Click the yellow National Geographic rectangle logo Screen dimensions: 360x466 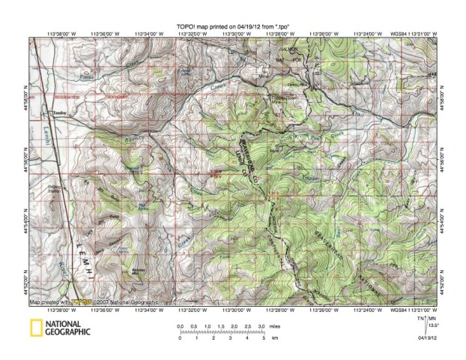[34, 328]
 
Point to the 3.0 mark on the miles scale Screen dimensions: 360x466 [261, 326]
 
